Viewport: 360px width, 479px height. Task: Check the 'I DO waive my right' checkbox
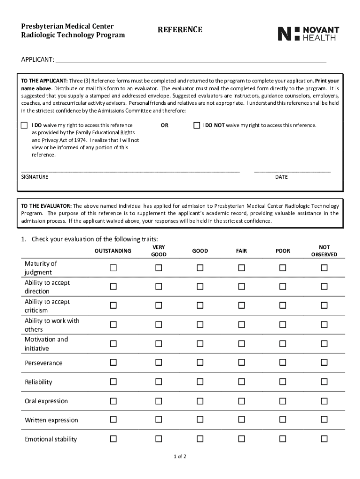point(24,125)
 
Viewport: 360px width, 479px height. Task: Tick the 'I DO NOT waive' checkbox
point(197,125)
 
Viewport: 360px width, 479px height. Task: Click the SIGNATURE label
point(35,177)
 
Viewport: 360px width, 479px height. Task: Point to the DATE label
point(281,177)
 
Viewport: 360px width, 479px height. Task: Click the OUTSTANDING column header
point(113,251)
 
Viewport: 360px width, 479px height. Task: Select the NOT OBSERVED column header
point(324,251)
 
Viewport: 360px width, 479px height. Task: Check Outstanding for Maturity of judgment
point(113,268)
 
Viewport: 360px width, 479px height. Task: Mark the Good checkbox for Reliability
point(200,382)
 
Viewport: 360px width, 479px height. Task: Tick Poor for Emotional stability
point(283,439)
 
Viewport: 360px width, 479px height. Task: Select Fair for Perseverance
point(241,363)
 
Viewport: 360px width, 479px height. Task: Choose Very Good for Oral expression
point(158,401)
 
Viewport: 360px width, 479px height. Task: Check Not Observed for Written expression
point(324,420)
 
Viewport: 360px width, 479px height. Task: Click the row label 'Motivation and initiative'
point(46,344)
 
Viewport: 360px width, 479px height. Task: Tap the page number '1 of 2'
point(180,457)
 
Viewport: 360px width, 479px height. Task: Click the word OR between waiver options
point(165,125)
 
